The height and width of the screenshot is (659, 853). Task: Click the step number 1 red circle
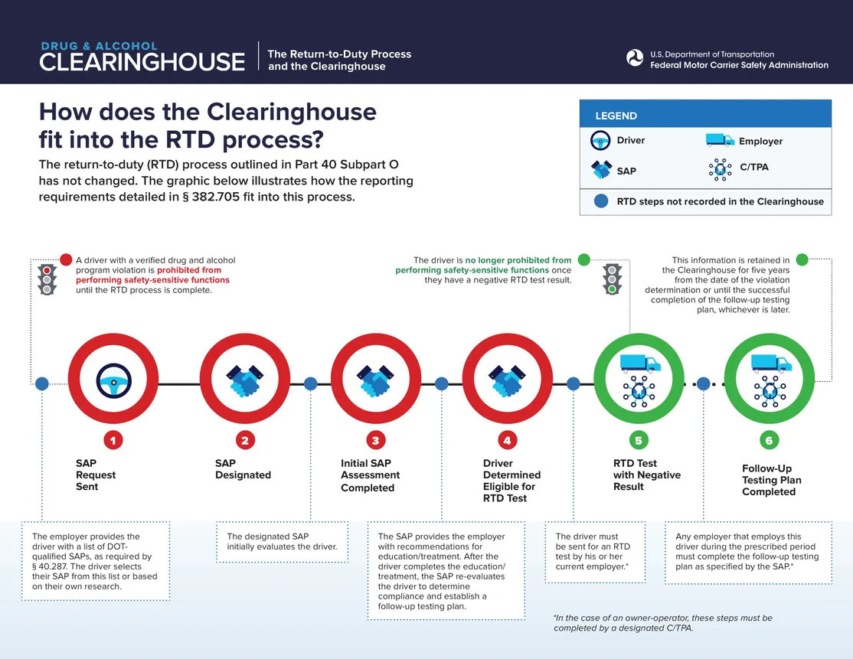[x=113, y=440]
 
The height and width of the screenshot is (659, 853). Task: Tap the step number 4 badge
[x=507, y=440]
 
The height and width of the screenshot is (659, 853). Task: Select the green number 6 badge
[x=769, y=440]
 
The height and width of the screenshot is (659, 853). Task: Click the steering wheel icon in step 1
[x=113, y=380]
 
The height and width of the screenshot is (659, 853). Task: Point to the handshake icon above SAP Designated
[x=244, y=380]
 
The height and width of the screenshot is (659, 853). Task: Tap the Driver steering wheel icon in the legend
[x=601, y=141]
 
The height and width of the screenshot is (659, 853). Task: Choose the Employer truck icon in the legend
[x=719, y=140]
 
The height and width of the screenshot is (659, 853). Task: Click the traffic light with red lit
[x=47, y=279]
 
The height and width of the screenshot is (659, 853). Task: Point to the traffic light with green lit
[x=612, y=279]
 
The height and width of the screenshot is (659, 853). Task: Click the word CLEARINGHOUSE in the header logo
[x=142, y=62]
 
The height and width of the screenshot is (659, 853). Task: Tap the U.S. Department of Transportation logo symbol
[x=635, y=58]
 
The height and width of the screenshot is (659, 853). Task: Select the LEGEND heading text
[x=616, y=116]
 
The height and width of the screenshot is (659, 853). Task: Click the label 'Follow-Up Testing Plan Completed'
[x=771, y=480]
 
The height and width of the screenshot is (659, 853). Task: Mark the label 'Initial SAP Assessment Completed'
[x=370, y=475]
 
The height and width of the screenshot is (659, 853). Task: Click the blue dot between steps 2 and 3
[x=311, y=383]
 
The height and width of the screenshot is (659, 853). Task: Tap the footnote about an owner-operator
[x=662, y=622]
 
